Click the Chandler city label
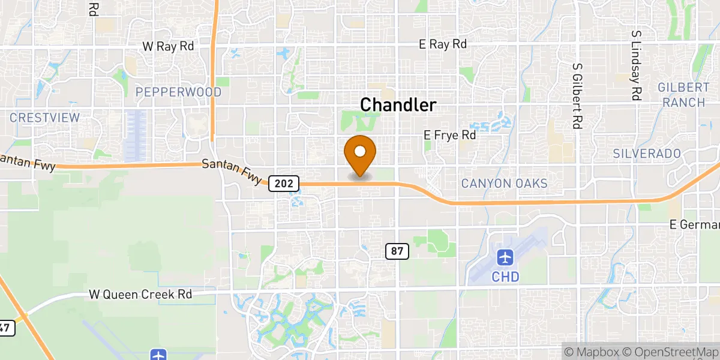[398, 105]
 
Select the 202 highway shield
[284, 183]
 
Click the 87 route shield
[397, 251]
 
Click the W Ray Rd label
[168, 46]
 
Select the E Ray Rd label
[443, 44]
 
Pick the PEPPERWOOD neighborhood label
[178, 92]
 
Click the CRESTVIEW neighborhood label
[45, 118]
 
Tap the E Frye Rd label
[449, 136]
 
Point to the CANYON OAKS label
[504, 183]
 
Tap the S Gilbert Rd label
[577, 96]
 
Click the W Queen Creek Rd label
[140, 295]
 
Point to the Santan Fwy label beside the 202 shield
[233, 171]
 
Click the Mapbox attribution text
[592, 351]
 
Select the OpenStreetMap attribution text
[670, 351]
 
